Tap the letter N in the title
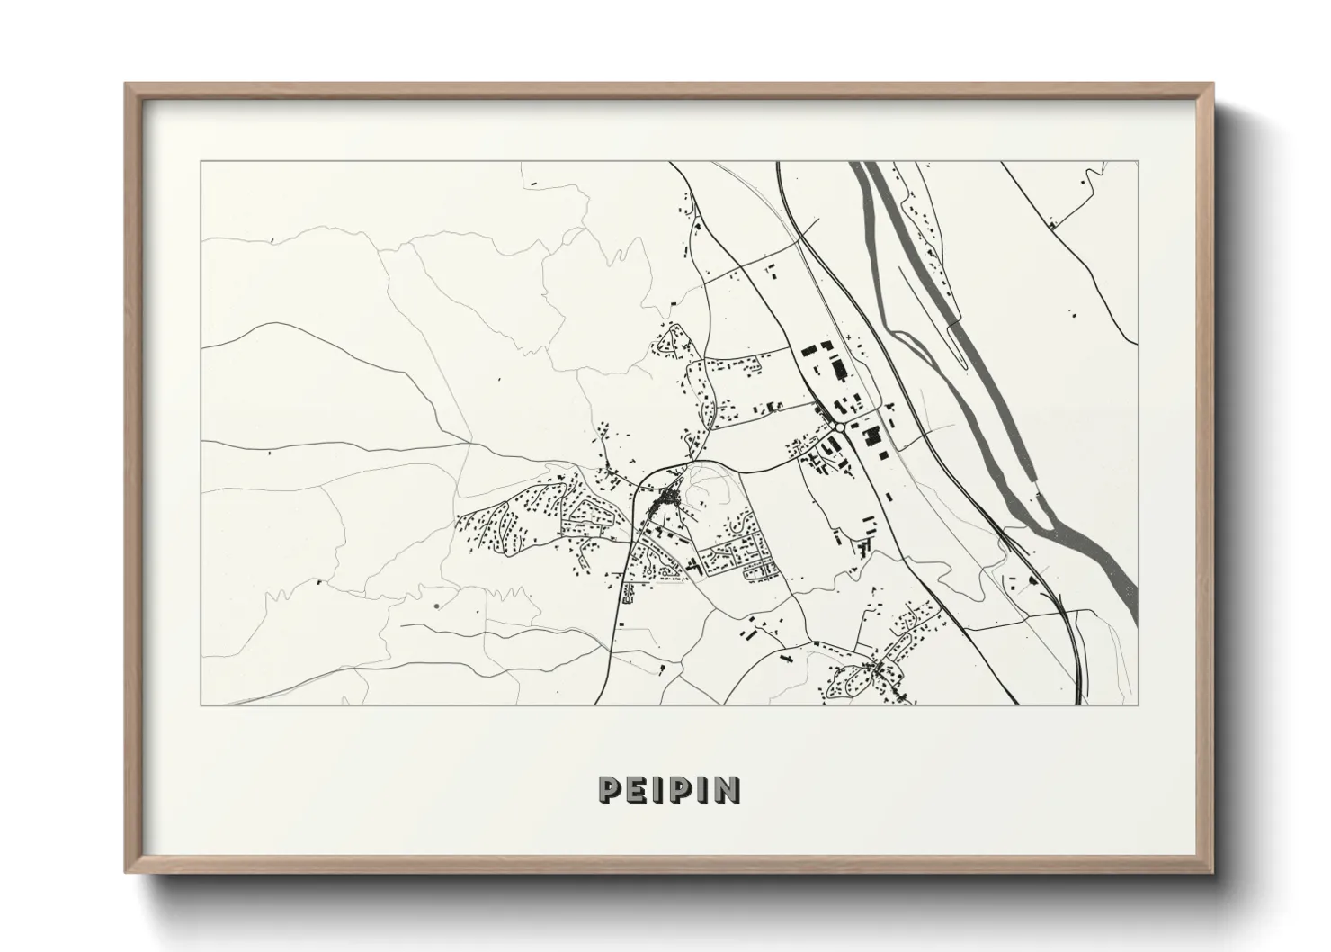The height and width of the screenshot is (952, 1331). [727, 789]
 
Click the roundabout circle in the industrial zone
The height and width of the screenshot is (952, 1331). [838, 427]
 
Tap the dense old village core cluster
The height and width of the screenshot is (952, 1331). [668, 498]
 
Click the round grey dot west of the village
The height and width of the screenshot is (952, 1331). [436, 606]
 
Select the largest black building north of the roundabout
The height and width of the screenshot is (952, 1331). [840, 369]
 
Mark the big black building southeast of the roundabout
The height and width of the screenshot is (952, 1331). [870, 436]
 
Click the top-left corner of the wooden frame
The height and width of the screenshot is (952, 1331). [126, 84]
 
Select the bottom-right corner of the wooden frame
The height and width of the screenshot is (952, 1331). [1212, 873]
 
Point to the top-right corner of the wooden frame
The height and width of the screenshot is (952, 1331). [1212, 84]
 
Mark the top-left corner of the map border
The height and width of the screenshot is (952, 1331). [201, 162]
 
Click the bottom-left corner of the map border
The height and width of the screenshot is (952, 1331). [201, 705]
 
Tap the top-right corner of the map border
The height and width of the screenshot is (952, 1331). [1139, 162]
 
